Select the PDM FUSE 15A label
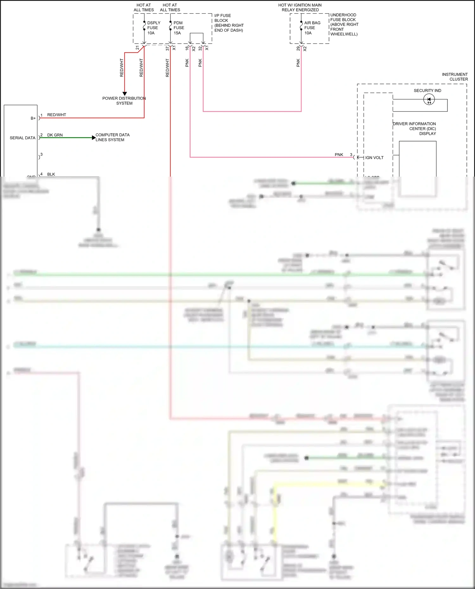click(179, 28)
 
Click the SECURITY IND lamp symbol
click(429, 100)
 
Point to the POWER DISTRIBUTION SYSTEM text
click(124, 101)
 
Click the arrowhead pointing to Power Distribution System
click(124, 94)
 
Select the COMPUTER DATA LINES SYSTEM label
click(112, 137)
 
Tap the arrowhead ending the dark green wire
click(93, 138)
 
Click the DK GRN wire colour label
click(55, 135)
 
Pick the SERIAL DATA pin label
click(22, 138)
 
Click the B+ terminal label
click(33, 118)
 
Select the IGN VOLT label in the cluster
click(374, 158)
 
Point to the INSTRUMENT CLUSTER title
click(455, 77)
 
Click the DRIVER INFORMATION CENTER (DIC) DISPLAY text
click(415, 128)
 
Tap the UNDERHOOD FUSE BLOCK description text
click(344, 24)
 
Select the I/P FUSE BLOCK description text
click(229, 23)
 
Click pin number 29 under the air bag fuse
click(298, 48)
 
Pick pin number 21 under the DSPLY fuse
click(137, 48)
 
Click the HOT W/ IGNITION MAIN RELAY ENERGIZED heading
click(300, 7)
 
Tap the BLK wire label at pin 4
click(51, 174)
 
